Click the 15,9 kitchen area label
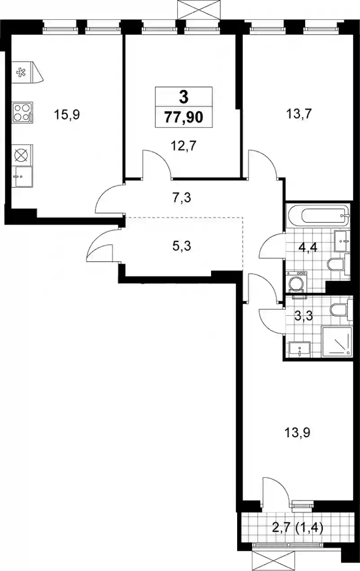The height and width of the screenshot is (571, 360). tap(67, 115)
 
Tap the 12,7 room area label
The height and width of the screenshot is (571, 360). tap(184, 146)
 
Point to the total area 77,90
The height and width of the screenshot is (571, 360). tap(184, 118)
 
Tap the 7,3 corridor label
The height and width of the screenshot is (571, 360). tap(182, 198)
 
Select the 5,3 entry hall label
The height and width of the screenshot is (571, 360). tap(182, 246)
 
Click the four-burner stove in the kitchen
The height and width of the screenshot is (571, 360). tap(22, 113)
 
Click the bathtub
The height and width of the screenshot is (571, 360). tap(318, 215)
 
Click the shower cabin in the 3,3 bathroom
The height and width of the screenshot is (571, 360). tap(337, 342)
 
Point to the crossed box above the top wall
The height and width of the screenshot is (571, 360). tap(199, 10)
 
